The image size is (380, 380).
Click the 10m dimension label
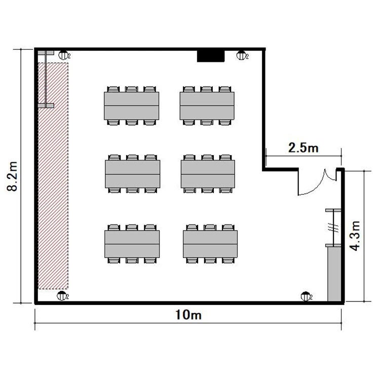(x=188, y=315)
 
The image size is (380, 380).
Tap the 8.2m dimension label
(x=12, y=176)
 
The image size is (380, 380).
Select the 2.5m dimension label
(x=303, y=147)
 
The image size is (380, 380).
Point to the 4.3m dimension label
(x=355, y=236)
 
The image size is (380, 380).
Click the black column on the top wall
(x=211, y=56)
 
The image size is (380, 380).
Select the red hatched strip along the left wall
(x=53, y=176)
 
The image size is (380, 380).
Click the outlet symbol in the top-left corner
(x=63, y=55)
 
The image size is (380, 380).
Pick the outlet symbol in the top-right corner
(x=241, y=56)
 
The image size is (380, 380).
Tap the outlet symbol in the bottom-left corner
(x=61, y=296)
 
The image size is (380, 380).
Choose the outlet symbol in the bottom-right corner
(x=306, y=296)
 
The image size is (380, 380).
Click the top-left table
(x=132, y=106)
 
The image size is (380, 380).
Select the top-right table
(x=207, y=106)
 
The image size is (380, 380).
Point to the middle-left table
(x=133, y=174)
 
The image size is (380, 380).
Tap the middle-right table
(x=208, y=174)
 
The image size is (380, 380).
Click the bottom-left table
(x=132, y=244)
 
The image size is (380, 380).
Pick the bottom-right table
(x=210, y=244)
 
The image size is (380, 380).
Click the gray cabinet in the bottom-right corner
(x=334, y=274)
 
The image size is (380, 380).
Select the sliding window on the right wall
(x=333, y=227)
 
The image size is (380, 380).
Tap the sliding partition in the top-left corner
(x=46, y=79)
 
